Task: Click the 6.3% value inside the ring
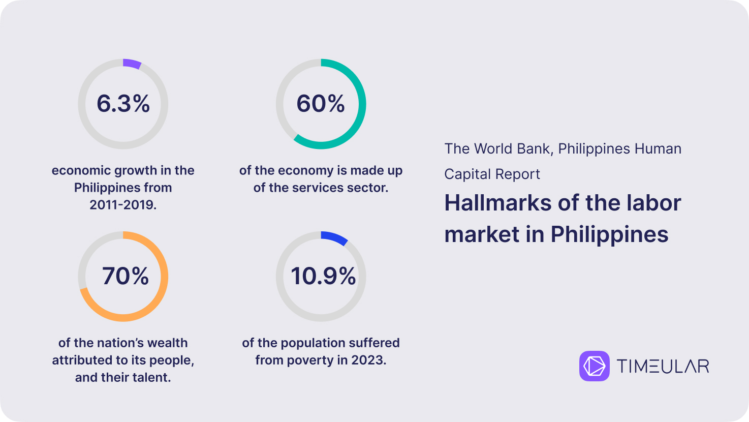[123, 103]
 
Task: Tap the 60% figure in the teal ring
[321, 103]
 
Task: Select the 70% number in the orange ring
[126, 276]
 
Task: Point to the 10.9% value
[323, 276]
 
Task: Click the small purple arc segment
[133, 63]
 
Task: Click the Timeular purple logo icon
[594, 366]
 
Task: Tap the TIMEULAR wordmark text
[663, 366]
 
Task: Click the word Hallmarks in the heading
[498, 203]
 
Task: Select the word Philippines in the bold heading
[609, 234]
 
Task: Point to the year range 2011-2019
[122, 204]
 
